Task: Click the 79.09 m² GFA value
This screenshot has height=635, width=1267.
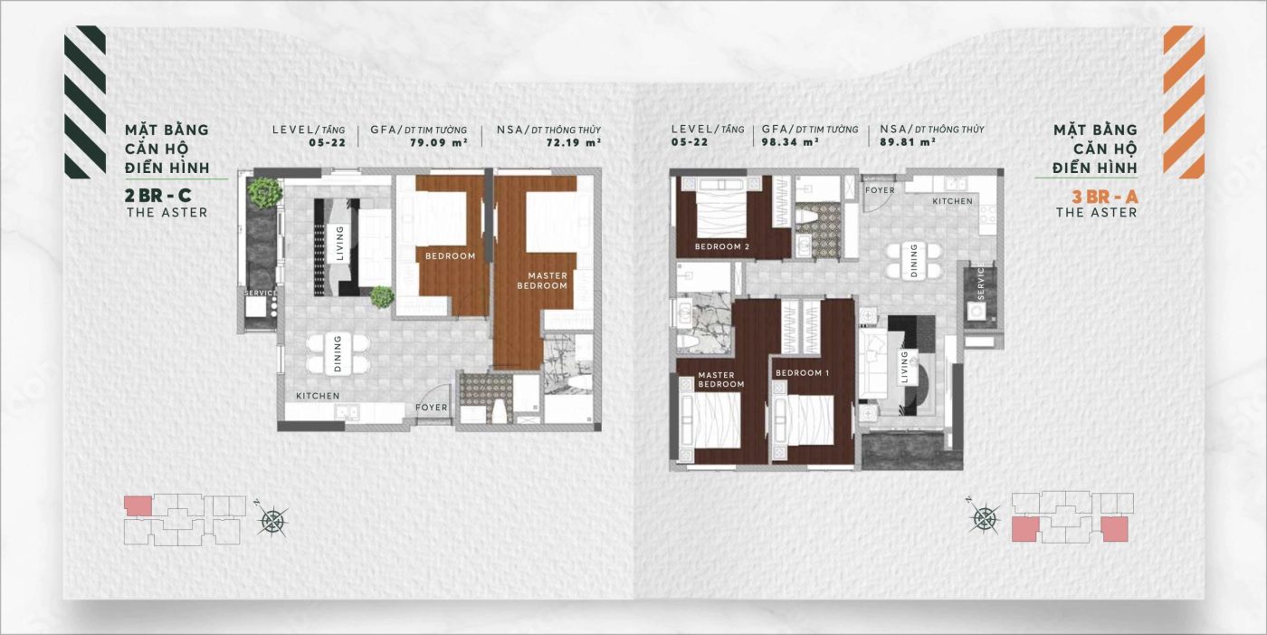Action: click(x=438, y=142)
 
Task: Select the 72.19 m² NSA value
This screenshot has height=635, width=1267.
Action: click(x=573, y=142)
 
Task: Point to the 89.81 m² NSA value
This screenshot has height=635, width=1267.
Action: click(x=907, y=142)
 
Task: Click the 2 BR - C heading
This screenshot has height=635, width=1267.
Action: click(x=157, y=196)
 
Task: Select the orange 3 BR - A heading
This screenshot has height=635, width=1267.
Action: click(x=1105, y=197)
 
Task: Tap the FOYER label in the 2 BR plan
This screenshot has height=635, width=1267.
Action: click(x=431, y=408)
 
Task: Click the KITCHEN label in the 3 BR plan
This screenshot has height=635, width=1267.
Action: click(x=952, y=201)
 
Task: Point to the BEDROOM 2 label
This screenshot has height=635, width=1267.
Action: click(x=722, y=246)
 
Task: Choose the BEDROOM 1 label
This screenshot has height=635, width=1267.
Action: click(x=802, y=373)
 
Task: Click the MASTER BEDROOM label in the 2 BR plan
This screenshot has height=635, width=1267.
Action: click(x=542, y=281)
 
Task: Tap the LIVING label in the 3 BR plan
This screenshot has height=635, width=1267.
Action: click(x=904, y=367)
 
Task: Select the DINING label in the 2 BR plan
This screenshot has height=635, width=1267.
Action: click(x=338, y=353)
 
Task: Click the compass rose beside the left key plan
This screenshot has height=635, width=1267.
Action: click(x=272, y=519)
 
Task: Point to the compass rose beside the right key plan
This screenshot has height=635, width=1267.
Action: click(x=985, y=516)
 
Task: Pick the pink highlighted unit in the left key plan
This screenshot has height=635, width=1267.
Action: click(x=138, y=506)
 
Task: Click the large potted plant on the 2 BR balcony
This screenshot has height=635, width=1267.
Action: click(x=264, y=192)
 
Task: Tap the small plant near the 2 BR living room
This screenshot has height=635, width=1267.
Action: click(x=382, y=296)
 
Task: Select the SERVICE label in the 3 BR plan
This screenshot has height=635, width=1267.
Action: click(x=980, y=283)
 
